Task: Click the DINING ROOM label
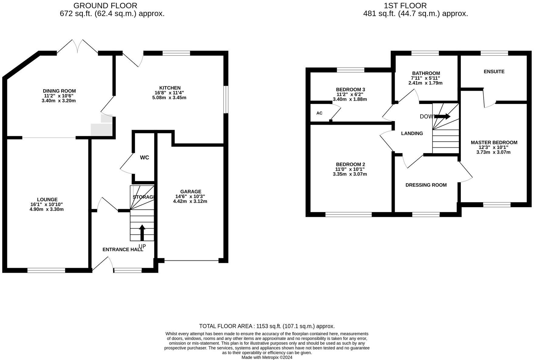[x=59, y=91]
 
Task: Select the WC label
[x=144, y=158]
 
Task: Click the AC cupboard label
[x=319, y=113]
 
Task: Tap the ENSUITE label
[x=494, y=72]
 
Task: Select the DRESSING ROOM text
[x=426, y=185]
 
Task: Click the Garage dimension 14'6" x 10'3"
[x=190, y=196]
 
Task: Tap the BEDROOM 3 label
[x=350, y=89]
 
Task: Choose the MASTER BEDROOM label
[x=494, y=143]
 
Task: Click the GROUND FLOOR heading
[x=105, y=5]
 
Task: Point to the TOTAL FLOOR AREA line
[x=267, y=326]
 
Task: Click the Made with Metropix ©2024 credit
[x=267, y=358]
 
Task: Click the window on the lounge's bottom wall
[x=46, y=270]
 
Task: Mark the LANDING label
[x=412, y=133]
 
